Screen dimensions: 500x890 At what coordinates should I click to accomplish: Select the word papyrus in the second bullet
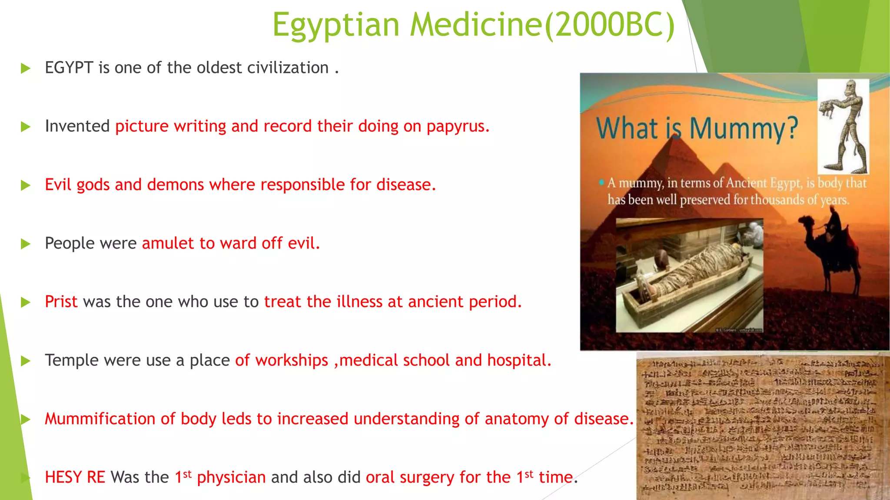coord(458,126)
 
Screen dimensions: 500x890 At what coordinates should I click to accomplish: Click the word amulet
coord(168,243)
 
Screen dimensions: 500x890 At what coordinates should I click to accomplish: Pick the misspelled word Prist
coord(61,302)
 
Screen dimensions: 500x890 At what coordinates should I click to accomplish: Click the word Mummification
coord(100,419)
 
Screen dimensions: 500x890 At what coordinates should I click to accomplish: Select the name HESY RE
coord(75,477)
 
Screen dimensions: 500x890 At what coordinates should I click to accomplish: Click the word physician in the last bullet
coord(231,477)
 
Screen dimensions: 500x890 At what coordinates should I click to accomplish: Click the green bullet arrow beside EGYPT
coord(26,68)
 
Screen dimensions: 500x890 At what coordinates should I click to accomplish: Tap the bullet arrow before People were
coord(26,244)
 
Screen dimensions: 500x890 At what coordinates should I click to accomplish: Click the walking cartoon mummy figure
coord(843,126)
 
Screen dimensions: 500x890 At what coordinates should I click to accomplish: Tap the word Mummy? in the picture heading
coord(744,129)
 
